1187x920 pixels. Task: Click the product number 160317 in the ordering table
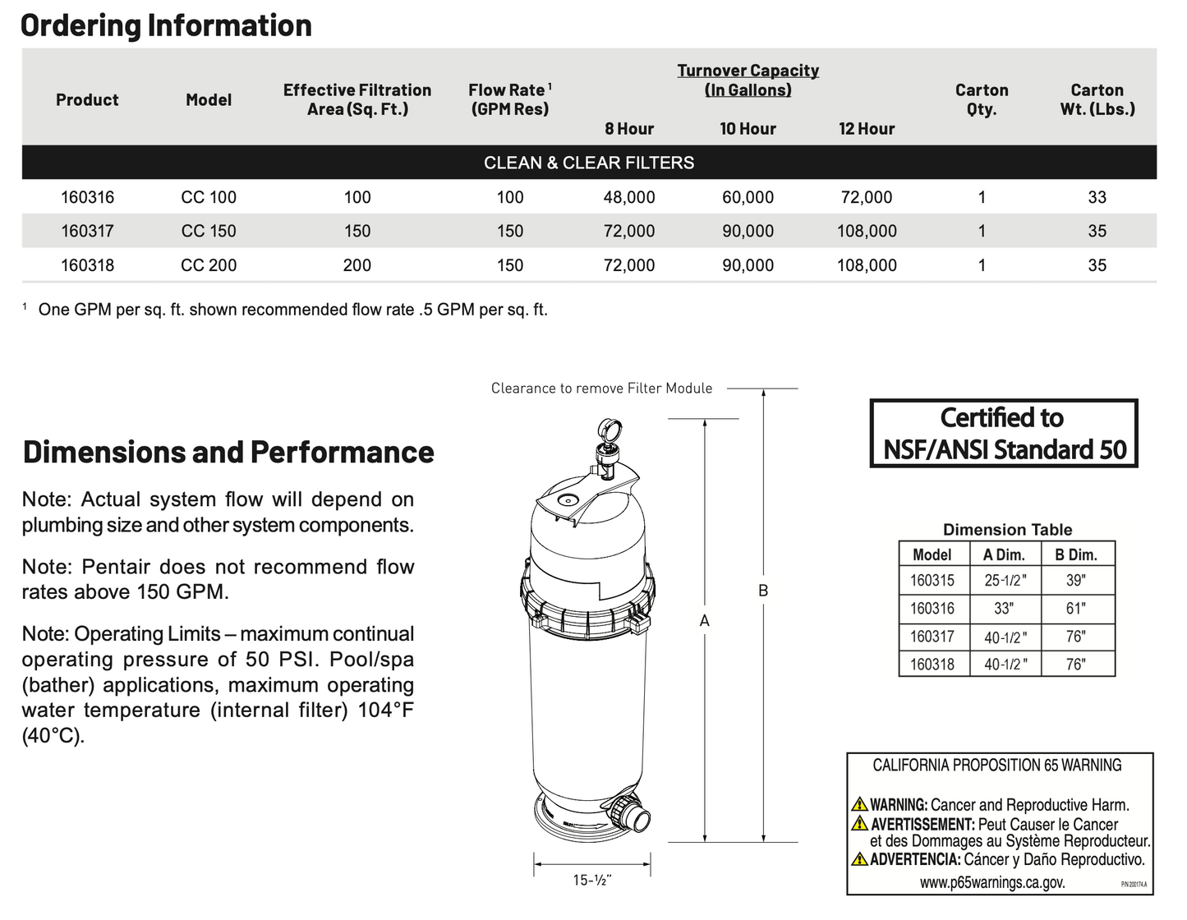pos(87,231)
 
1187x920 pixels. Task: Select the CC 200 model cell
pos(209,265)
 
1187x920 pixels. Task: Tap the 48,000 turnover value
pos(629,197)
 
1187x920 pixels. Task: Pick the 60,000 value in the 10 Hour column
pos(748,197)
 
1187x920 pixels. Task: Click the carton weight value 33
pos(1097,197)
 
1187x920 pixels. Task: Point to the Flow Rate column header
pos(509,99)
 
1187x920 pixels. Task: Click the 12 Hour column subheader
pos(867,129)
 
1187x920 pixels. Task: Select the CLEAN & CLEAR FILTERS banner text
pos(589,163)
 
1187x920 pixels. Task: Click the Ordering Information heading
pos(166,25)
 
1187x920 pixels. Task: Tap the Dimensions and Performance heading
pos(228,452)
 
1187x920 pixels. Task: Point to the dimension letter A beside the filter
pos(704,621)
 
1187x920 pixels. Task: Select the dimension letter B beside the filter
pos(763,590)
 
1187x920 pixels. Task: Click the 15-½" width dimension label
pos(592,880)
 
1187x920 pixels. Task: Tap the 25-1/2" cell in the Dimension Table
pos(1005,581)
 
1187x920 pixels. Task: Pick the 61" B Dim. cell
pos(1075,609)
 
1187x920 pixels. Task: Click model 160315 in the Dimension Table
pos(932,581)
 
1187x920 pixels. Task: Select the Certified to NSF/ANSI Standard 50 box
pos(1004,434)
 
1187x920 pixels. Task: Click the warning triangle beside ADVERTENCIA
pos(859,859)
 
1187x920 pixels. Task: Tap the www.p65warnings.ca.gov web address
pos(991,882)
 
